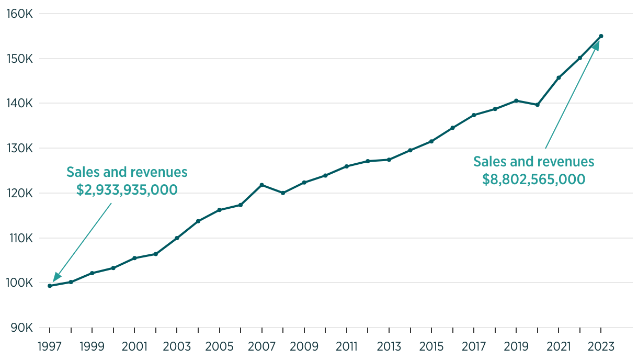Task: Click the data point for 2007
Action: point(261,185)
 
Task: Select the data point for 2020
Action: point(537,105)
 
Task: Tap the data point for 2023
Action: point(601,36)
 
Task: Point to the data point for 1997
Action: point(50,286)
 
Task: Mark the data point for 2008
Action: point(283,193)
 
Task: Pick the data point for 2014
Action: point(410,150)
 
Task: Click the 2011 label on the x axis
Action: point(346,346)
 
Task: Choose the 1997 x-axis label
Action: point(50,346)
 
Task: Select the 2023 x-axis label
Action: point(601,346)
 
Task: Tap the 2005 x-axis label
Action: point(219,346)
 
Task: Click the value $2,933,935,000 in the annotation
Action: point(127,189)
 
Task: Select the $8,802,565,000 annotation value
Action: point(534,179)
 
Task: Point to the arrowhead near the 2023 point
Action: point(595,47)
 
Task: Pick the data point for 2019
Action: point(516,100)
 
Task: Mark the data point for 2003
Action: point(177,238)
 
